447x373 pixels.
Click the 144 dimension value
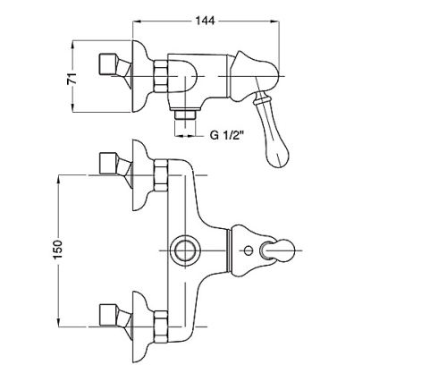(205, 21)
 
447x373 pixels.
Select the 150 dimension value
(58, 249)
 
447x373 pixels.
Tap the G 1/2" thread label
(227, 135)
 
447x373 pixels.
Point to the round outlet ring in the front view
(184, 250)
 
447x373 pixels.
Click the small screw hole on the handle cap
(248, 250)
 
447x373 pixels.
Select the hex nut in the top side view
(161, 76)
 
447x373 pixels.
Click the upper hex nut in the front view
(161, 175)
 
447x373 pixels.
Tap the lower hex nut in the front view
(161, 326)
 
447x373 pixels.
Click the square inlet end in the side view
(107, 64)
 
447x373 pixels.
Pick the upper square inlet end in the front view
(107, 164)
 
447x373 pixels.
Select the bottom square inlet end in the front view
(107, 315)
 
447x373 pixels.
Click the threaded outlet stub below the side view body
(185, 114)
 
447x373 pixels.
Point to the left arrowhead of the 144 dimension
(136, 21)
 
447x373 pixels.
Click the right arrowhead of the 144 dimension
(275, 21)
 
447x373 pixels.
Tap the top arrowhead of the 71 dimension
(72, 44)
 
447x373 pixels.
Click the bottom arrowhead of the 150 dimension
(59, 323)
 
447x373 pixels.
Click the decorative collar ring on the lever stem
(262, 97)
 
